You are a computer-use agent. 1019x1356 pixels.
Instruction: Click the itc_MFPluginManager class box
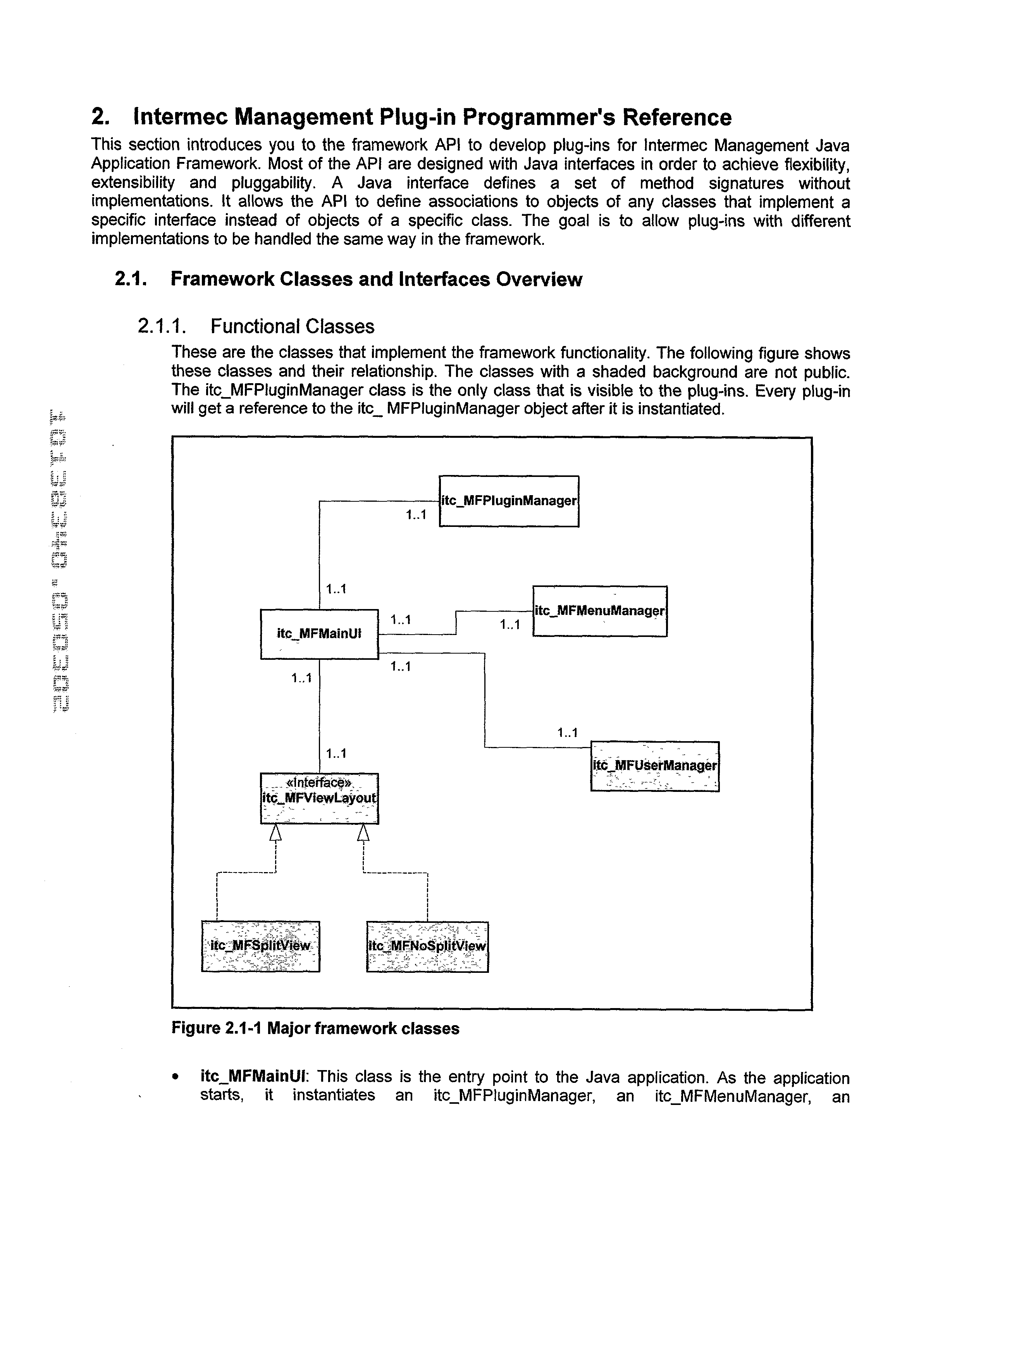click(x=509, y=501)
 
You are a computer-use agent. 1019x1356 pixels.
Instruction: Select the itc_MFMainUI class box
click(x=319, y=634)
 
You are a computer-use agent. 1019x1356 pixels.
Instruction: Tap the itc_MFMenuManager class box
click(x=600, y=611)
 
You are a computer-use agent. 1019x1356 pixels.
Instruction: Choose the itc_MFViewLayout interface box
click(x=319, y=798)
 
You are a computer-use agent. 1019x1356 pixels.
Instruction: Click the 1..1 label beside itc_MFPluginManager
click(x=416, y=516)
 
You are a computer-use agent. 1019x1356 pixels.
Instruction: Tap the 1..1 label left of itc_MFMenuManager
click(x=509, y=625)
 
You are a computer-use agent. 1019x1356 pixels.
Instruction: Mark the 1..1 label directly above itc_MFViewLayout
click(x=336, y=754)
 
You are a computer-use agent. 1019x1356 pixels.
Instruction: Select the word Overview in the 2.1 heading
click(x=539, y=280)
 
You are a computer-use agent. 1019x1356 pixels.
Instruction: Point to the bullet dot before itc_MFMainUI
click(x=177, y=1077)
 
